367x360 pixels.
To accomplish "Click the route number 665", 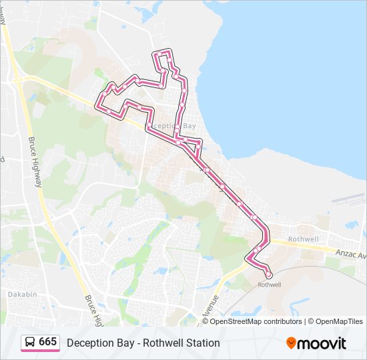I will pyautogui.click(x=48, y=342).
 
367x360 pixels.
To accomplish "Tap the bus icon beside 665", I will pyautogui.click(x=31, y=342).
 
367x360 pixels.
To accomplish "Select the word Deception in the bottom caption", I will pyautogui.click(x=91, y=343).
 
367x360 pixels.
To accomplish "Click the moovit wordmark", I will pyautogui.click(x=322, y=343).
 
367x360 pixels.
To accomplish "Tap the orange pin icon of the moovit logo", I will pyautogui.click(x=291, y=343).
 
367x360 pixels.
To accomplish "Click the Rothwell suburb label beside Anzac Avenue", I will pyautogui.click(x=303, y=239).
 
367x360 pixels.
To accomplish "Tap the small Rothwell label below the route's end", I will pyautogui.click(x=270, y=285).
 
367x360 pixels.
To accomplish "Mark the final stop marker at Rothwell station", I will pyautogui.click(x=269, y=275).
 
